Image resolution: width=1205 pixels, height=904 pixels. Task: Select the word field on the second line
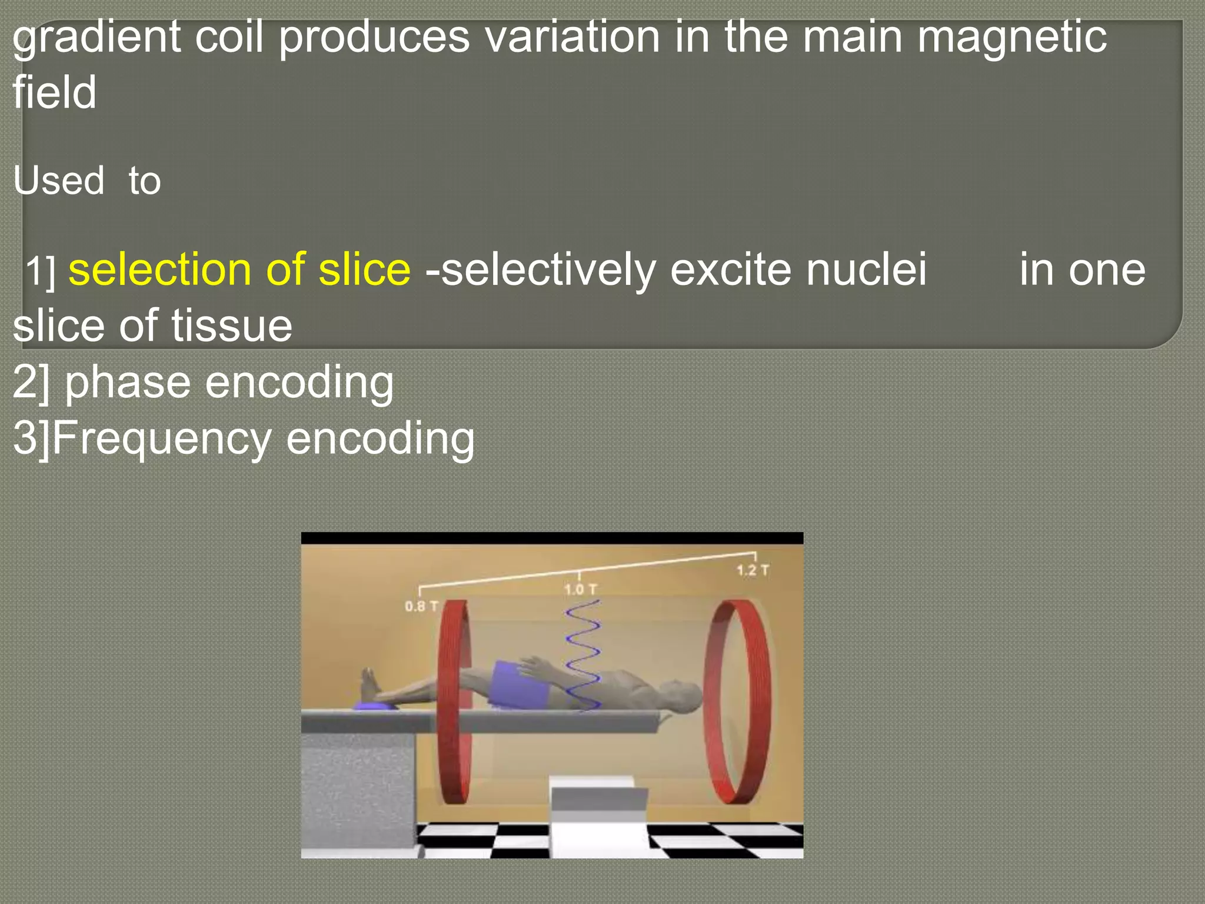tap(54, 93)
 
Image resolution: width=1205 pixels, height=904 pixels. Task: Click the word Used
tap(59, 180)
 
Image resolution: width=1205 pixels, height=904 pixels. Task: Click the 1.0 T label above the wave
tap(580, 589)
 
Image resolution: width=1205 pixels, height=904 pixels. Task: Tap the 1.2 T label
tap(753, 570)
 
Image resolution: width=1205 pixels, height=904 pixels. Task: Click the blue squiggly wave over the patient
tap(582, 653)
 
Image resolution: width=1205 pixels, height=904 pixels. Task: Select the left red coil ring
tap(454, 700)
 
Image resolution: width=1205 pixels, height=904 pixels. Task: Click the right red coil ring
tap(738, 700)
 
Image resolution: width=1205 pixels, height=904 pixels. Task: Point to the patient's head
tap(683, 694)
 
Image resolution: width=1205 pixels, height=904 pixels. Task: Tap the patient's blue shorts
tap(518, 683)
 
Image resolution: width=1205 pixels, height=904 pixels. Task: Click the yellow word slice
tap(364, 270)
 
